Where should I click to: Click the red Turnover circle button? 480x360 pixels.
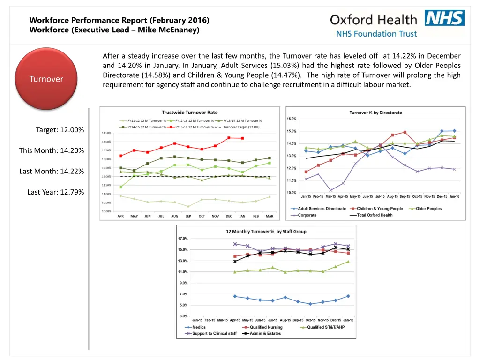tap(46, 79)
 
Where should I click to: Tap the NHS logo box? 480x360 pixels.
tap(444, 18)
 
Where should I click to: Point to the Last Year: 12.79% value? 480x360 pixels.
tap(56, 192)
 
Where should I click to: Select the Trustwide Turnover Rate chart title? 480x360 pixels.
tap(189, 112)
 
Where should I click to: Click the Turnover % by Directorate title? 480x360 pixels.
tap(375, 112)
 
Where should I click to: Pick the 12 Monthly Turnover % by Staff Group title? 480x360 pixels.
tap(266, 232)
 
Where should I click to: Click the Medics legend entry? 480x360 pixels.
tap(199, 327)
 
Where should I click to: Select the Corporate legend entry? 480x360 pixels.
tap(307, 215)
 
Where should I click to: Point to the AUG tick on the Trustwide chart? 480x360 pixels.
tap(174, 216)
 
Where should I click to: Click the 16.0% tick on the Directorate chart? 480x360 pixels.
tap(291, 119)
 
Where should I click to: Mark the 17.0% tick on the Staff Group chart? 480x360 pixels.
tap(182, 239)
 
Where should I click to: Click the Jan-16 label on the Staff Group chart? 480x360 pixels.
tap(348, 320)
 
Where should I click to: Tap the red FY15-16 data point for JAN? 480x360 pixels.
tap(242, 138)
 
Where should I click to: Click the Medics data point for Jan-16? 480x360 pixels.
tap(348, 296)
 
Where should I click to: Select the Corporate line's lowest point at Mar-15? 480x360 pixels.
tap(331, 190)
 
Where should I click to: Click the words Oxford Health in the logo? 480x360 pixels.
tap(373, 20)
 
